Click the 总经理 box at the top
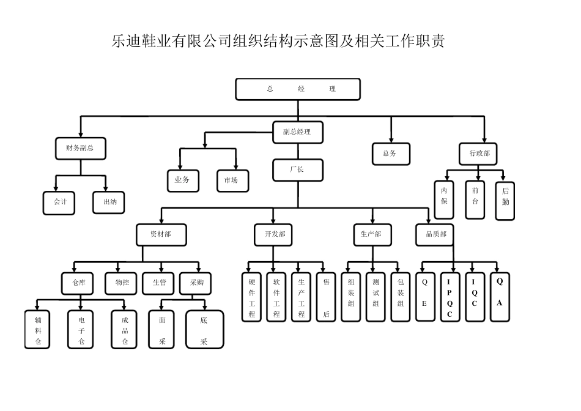pos(298,89)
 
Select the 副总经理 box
pos(297,132)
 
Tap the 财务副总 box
pos(80,149)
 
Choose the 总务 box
pos(390,154)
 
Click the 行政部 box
pos(479,154)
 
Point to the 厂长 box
pos(297,170)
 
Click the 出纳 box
pos(109,202)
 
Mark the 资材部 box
pos(161,234)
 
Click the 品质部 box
pos(435,234)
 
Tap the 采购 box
pos(196,283)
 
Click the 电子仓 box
pos(81,330)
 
